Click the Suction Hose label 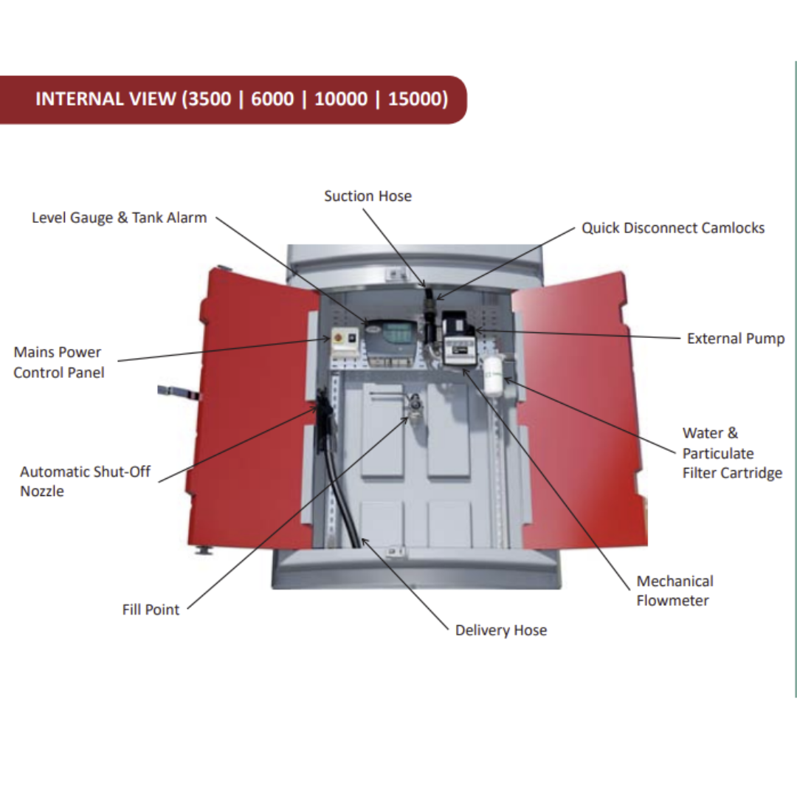pos(368,196)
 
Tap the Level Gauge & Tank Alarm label pos(119,218)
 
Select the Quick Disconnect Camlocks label pos(672,228)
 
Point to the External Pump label pos(735,339)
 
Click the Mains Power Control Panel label pos(59,362)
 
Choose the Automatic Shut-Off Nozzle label pos(85,481)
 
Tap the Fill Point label pos(151,610)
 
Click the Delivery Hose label pos(500,630)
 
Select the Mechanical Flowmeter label pos(674,590)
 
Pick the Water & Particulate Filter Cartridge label pos(731,453)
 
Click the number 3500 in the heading pos(210,99)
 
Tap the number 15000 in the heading pos(417,99)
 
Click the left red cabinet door pos(251,413)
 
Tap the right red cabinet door pos(576,413)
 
